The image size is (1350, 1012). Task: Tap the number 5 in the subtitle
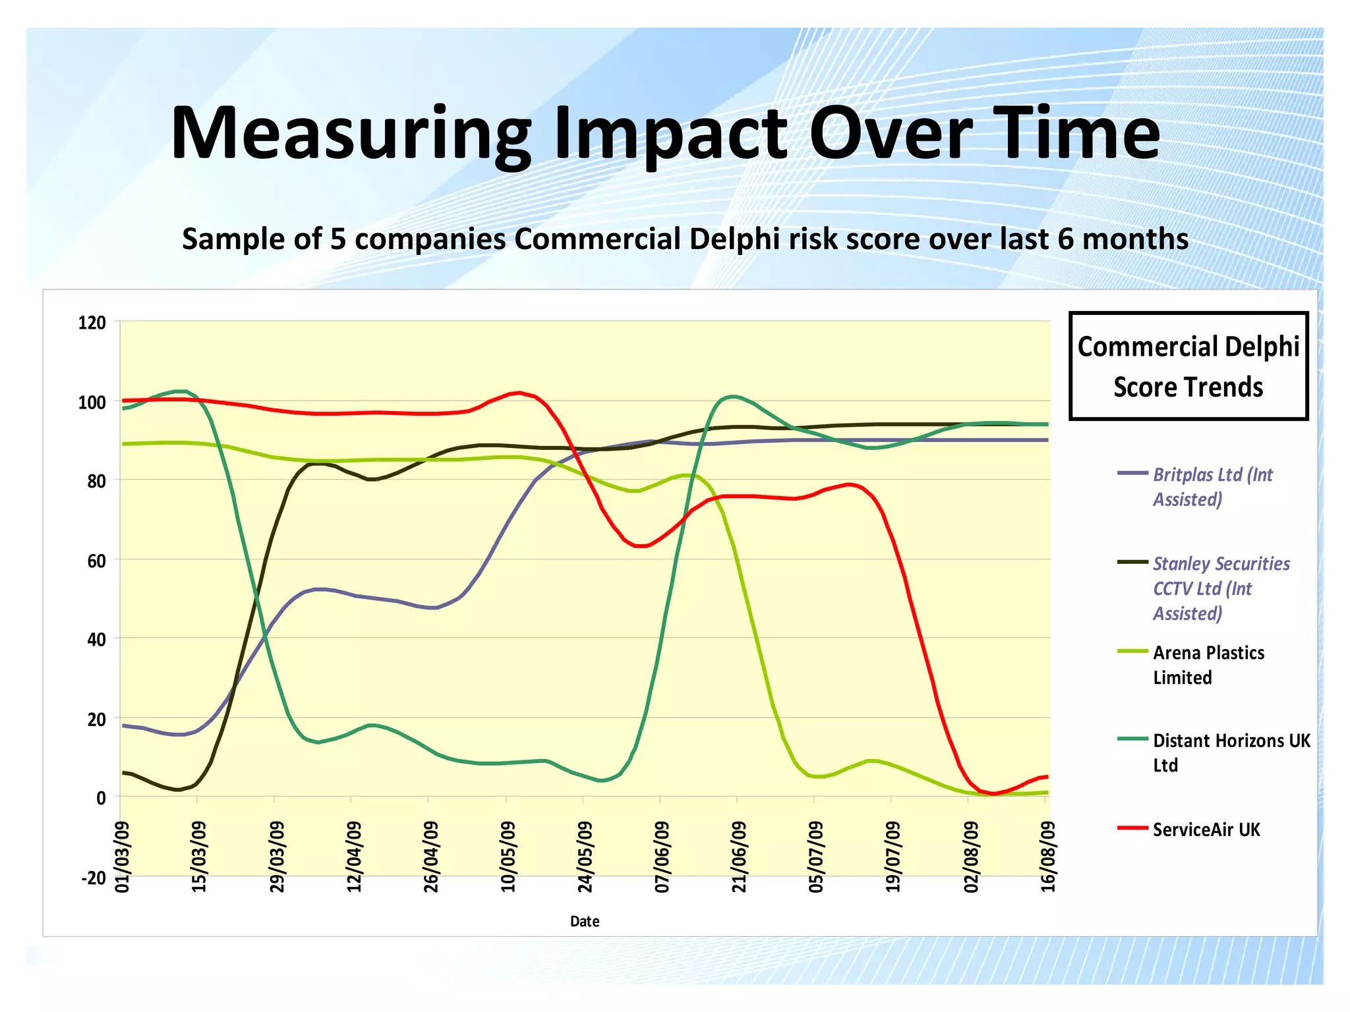coord(337,239)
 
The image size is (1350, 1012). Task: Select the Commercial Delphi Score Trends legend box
coord(1188,366)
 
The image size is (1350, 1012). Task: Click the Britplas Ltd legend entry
coord(1212,487)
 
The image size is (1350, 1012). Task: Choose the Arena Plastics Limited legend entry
coord(1208,665)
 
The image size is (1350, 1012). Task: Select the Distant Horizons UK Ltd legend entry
coord(1230,752)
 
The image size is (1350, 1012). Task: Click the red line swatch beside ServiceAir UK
coord(1132,828)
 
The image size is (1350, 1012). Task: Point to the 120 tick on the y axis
coord(92,323)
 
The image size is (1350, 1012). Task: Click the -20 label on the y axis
coord(93,878)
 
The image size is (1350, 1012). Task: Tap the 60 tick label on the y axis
coord(96,561)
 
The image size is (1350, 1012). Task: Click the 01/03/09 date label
coord(123,857)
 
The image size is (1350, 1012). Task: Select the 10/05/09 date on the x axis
coord(508,857)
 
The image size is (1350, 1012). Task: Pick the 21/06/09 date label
coord(739,857)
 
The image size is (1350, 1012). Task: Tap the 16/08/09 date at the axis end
coord(1047,857)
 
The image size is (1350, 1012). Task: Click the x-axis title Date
coord(584,921)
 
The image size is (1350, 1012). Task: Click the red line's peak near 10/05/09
coord(519,393)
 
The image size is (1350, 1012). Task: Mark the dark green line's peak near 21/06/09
coord(733,397)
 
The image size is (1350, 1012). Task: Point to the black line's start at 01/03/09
coord(124,772)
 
